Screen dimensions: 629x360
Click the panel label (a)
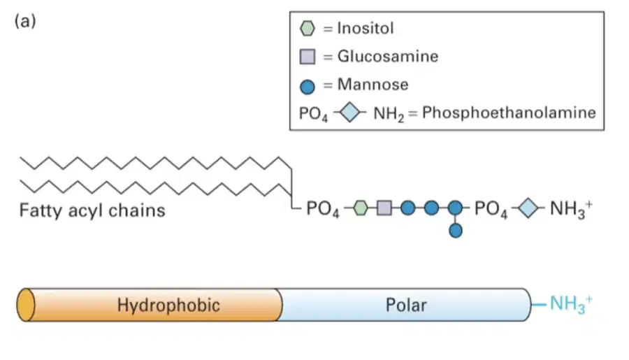click(x=25, y=21)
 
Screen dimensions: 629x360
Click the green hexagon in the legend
click(x=308, y=29)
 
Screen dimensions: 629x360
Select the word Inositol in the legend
click(x=366, y=28)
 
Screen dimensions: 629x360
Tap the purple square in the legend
click(x=308, y=57)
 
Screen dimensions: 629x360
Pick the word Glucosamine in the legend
click(x=388, y=56)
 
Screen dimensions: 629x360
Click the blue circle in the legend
click(x=308, y=87)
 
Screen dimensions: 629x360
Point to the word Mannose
click(x=373, y=85)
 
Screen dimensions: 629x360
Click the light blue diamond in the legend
click(x=349, y=113)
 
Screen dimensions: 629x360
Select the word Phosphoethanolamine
click(x=509, y=113)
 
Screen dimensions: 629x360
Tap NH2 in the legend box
click(x=389, y=114)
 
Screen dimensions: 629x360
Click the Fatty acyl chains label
click(x=92, y=210)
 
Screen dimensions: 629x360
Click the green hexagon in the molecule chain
click(x=360, y=208)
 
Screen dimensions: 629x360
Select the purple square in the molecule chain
click(x=384, y=208)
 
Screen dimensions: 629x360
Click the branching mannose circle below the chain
click(x=455, y=231)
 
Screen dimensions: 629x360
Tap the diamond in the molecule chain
click(x=528, y=208)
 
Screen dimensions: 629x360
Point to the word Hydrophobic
click(x=168, y=305)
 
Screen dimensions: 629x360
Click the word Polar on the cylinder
click(x=406, y=305)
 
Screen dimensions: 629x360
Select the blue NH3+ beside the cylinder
click(x=571, y=304)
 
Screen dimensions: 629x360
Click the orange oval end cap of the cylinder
click(x=26, y=305)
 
